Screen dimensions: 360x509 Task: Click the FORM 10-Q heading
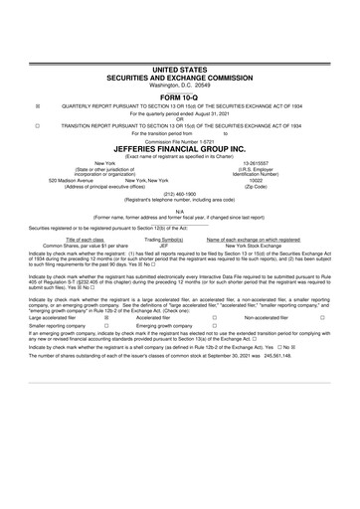click(x=180, y=95)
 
